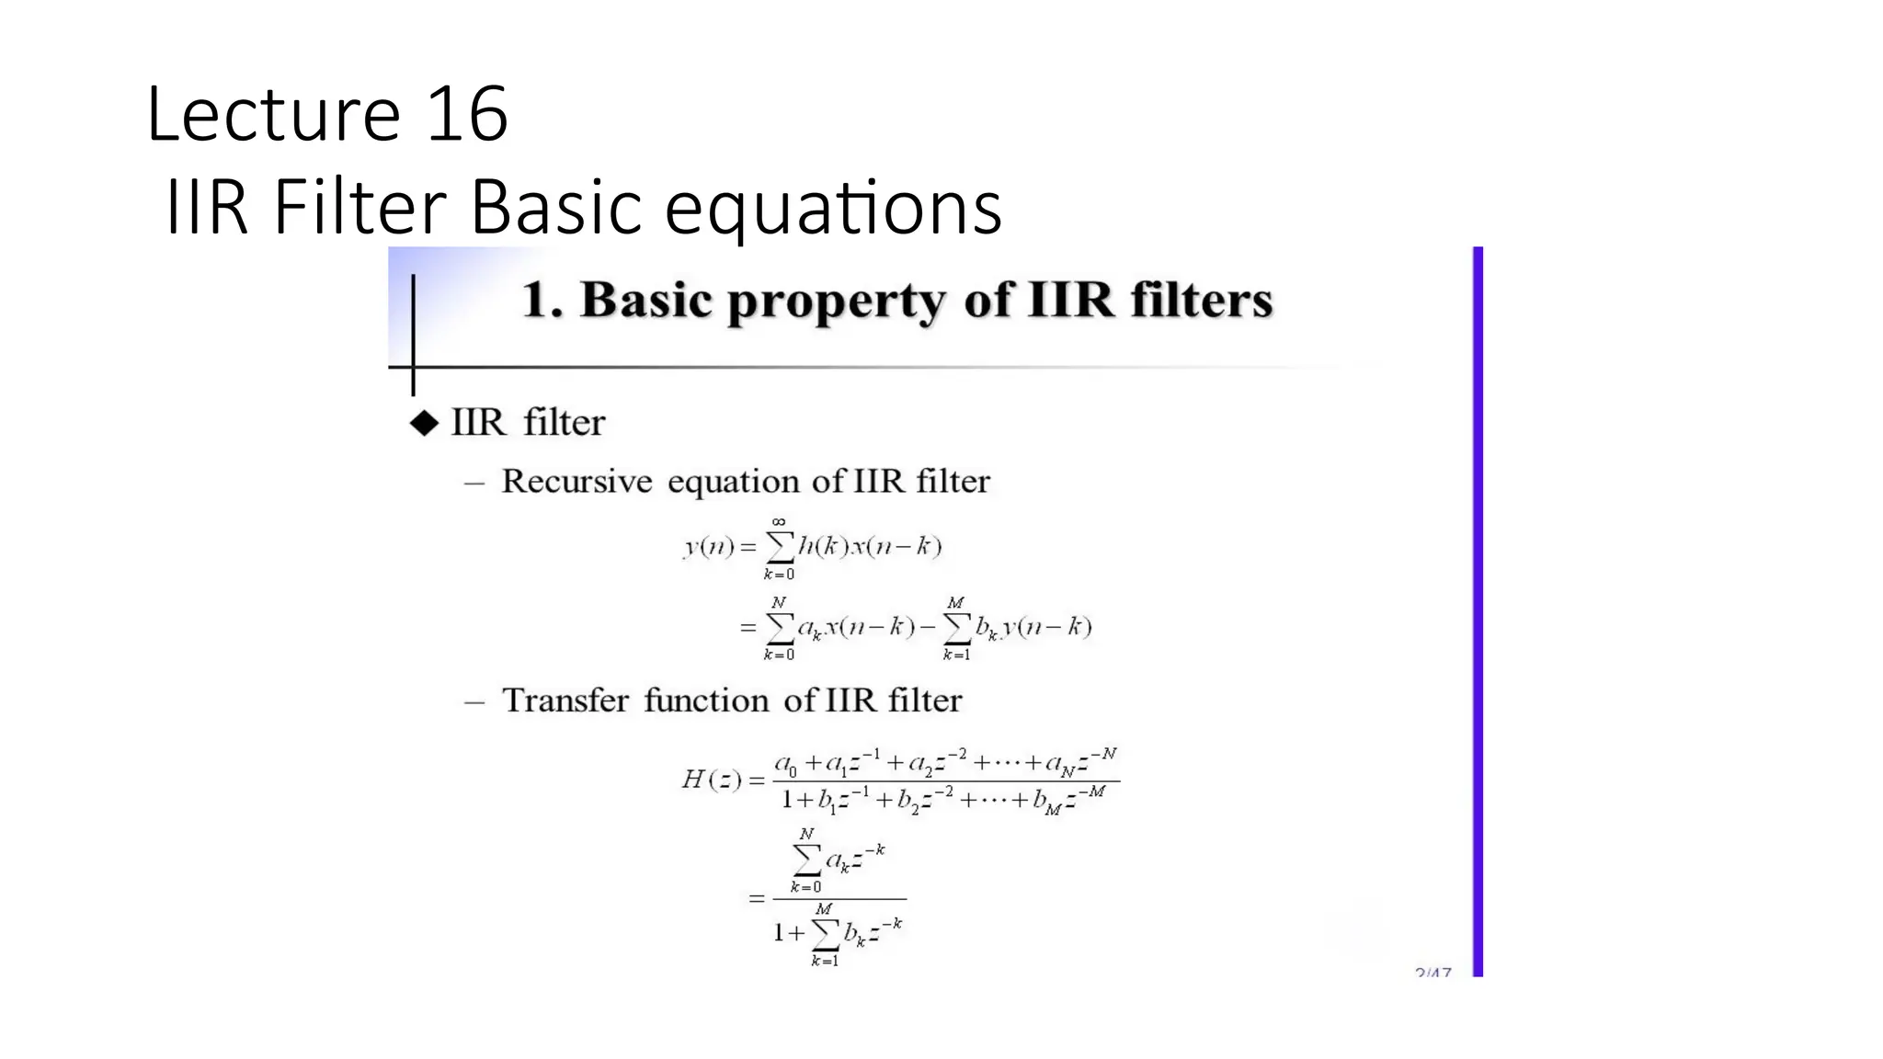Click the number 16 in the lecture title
467,115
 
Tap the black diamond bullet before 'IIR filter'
424,423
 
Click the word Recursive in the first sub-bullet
576,481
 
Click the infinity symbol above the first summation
779,521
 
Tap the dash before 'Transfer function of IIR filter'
474,702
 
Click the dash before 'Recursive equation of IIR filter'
474,483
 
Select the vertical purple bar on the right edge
1478,610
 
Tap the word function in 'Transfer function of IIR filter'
706,700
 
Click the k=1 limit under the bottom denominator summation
825,962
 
